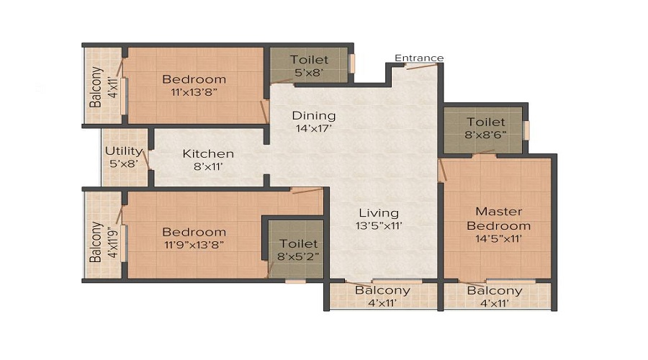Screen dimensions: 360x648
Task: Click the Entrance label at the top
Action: coord(419,58)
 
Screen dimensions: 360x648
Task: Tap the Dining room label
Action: coord(313,116)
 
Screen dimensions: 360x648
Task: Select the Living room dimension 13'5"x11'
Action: coord(379,226)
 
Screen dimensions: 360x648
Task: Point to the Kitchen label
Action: coord(208,153)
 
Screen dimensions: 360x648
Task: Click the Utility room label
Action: coord(124,150)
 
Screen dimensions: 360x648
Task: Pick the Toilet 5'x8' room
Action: coord(309,66)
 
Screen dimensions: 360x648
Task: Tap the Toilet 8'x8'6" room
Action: coord(485,129)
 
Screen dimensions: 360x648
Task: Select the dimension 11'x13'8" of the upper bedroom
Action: coord(194,92)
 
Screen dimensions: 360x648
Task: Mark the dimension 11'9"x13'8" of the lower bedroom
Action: coord(194,246)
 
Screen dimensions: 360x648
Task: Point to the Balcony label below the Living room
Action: coord(382,291)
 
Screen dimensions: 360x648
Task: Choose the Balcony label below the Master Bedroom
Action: coord(495,291)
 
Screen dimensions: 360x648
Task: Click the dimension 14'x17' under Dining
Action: coord(313,130)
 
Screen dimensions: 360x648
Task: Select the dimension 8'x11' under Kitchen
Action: coord(208,167)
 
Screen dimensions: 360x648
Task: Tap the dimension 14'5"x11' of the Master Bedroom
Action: coord(498,239)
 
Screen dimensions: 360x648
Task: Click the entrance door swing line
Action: coord(421,66)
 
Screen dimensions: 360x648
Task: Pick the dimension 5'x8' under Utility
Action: coord(124,164)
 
